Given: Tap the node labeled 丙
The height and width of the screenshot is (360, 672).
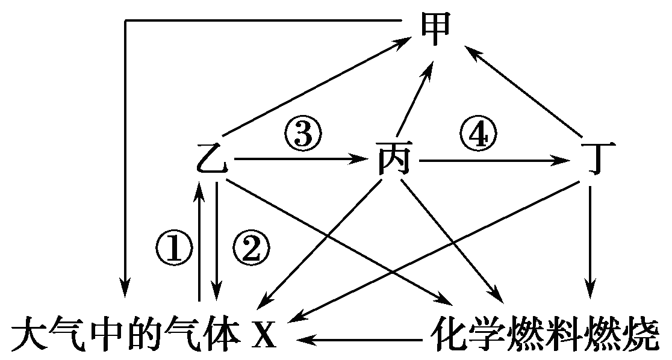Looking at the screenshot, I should click(x=394, y=160).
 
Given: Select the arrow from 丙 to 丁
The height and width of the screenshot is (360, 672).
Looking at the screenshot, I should click(x=494, y=161).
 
